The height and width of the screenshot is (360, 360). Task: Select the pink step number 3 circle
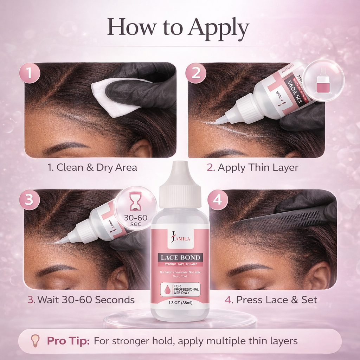point(29,199)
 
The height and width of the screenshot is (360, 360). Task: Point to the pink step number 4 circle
point(218,200)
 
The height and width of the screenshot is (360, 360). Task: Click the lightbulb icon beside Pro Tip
point(35,340)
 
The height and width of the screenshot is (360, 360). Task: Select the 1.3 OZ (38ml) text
point(180,303)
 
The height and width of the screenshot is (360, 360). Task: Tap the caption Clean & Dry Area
point(92,167)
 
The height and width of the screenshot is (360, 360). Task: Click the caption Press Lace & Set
point(271,300)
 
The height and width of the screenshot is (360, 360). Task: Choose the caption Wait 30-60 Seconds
point(81,300)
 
